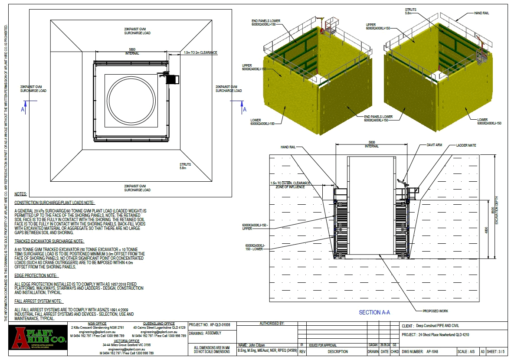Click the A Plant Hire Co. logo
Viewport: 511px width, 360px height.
(38, 339)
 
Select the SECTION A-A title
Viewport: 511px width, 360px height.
(374, 312)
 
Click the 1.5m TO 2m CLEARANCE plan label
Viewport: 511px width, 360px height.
(200, 52)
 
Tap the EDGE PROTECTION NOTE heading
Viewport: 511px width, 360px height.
(36, 275)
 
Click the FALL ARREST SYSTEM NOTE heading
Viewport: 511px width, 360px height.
(39, 301)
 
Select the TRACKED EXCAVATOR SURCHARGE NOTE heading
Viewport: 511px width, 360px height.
(49, 241)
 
